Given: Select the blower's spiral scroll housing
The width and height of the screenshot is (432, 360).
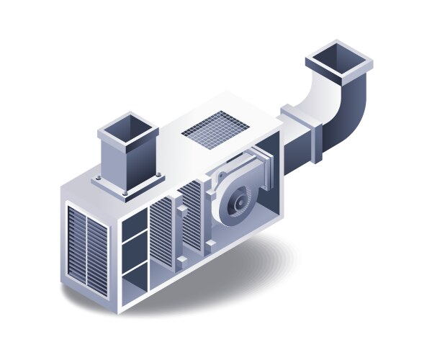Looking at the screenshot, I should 229,194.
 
